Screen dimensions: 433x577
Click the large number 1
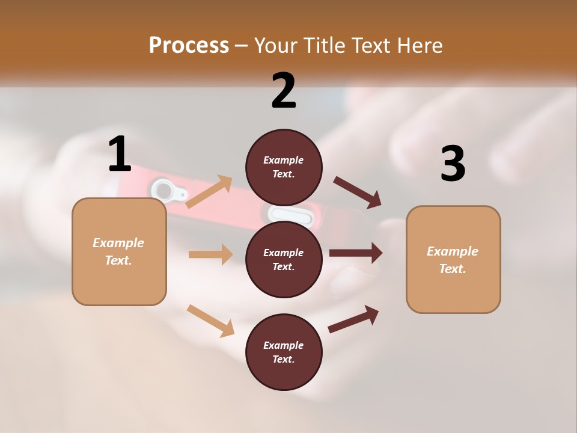pos(120,154)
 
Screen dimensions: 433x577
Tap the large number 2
pos(284,91)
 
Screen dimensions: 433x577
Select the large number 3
pos(453,164)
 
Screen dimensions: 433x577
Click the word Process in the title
pos(189,45)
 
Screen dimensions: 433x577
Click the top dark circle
pos(284,167)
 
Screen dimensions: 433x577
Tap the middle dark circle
pos(284,259)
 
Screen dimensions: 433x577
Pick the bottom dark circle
pos(284,352)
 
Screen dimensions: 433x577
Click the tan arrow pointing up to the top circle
pos(209,191)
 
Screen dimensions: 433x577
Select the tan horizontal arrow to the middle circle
pos(210,254)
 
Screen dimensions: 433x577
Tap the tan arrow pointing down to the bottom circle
pos(210,321)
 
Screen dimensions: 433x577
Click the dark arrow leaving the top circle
pos(358,192)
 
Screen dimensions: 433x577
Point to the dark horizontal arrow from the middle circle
pos(356,253)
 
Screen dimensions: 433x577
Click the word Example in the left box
pos(118,243)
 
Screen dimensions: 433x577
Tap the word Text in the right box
pos(452,269)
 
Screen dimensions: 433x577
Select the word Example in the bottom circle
pos(284,345)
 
